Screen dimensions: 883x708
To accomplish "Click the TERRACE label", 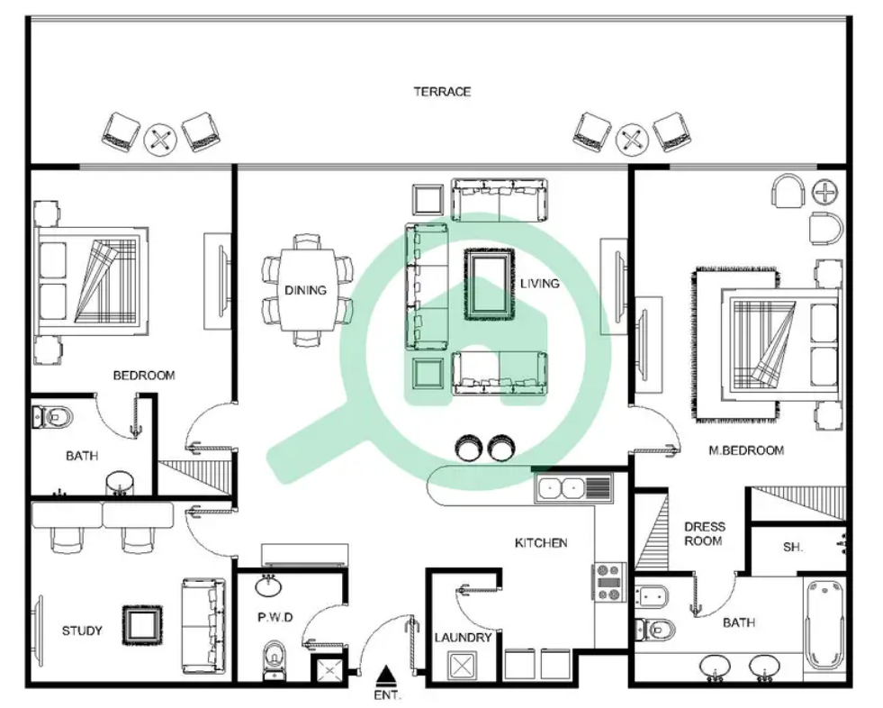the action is point(442,92).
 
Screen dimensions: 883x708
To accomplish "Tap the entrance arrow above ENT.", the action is point(386,676).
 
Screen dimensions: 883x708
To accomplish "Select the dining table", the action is point(307,290).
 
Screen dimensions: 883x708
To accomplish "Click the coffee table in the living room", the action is point(490,284).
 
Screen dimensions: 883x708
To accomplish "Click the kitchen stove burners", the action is point(608,581).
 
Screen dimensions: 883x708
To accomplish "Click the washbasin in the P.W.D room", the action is point(269,585).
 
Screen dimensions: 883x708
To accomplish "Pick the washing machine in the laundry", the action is point(462,665).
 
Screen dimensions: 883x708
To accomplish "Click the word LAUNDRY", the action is point(463,638).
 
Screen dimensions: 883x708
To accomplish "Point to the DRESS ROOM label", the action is point(704,534).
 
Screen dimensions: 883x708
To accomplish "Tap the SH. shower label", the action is point(793,547).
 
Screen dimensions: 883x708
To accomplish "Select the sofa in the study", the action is point(203,626).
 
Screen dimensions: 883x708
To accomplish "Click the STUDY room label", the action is point(82,631).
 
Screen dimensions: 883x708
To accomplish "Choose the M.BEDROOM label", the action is point(746,450).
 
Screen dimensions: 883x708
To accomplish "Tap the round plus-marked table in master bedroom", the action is point(825,192).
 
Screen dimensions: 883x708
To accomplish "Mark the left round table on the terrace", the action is point(160,140).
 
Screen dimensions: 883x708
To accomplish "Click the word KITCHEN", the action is point(541,543).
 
